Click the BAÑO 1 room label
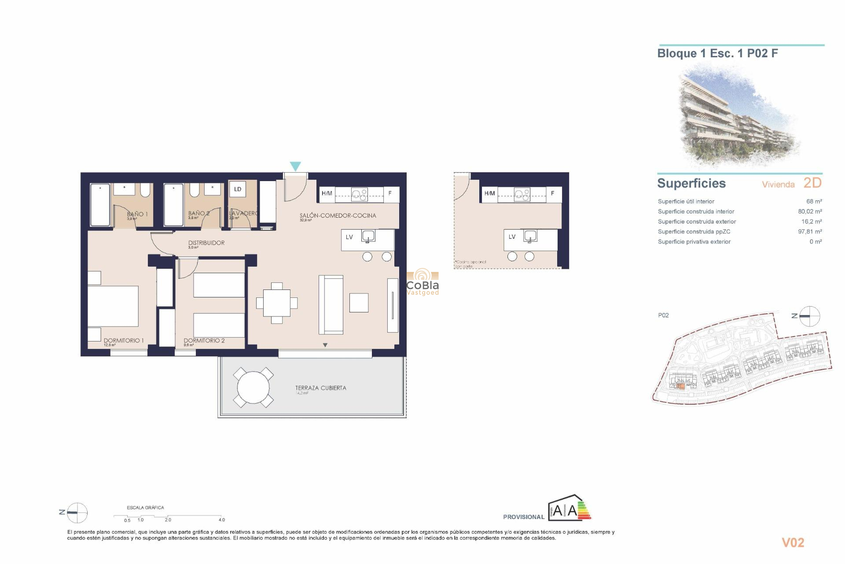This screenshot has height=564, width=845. point(137,214)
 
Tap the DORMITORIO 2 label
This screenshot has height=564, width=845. point(204,341)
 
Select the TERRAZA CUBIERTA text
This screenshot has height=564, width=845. point(320,388)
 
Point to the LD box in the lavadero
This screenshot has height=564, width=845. point(238,189)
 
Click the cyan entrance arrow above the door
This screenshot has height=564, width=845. point(295,166)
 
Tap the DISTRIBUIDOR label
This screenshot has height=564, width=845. point(206,243)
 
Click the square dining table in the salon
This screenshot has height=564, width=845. point(277,303)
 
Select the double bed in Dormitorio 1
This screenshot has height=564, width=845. point(113,306)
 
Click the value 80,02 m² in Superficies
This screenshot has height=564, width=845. point(810,211)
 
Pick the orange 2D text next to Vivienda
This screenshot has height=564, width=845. point(812,183)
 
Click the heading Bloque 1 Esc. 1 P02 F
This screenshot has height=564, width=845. point(717,53)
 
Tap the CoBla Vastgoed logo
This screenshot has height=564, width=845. point(422,282)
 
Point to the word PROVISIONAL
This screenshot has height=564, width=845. point(524,517)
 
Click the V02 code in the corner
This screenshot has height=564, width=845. point(793,543)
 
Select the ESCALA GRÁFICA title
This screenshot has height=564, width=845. point(145,508)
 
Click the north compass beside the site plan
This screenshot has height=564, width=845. point(809,316)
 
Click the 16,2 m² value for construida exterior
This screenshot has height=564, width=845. point(812,222)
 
